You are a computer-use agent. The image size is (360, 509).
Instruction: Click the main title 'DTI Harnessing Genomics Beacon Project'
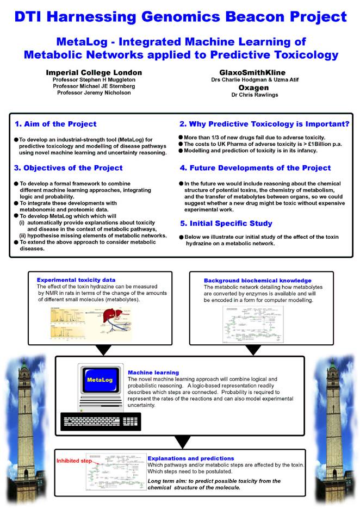pos(180,16)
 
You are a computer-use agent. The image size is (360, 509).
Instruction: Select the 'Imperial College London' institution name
pos(94,72)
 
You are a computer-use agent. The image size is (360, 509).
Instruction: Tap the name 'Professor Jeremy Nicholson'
pos(94,92)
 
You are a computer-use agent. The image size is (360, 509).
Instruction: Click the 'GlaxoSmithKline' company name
pos(252,72)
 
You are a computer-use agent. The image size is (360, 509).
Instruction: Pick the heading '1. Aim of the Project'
pos(55,124)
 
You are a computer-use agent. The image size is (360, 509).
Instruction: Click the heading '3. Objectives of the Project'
pos(69,168)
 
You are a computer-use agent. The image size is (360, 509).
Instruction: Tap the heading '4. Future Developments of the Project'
pos(255,168)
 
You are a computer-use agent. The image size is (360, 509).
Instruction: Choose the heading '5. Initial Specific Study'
pos(226,224)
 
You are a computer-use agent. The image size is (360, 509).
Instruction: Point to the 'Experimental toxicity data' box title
pos(76,280)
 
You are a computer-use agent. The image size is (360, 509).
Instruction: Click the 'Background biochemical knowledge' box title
pos(257,281)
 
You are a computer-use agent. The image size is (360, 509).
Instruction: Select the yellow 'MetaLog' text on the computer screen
pos(100,380)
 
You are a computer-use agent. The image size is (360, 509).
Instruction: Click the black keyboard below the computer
pos(101,421)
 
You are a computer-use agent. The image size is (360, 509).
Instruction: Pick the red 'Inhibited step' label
pos(75,461)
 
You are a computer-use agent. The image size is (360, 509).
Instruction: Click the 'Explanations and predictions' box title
pos(190,458)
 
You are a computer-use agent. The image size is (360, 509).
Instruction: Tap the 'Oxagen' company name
pos(253,88)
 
